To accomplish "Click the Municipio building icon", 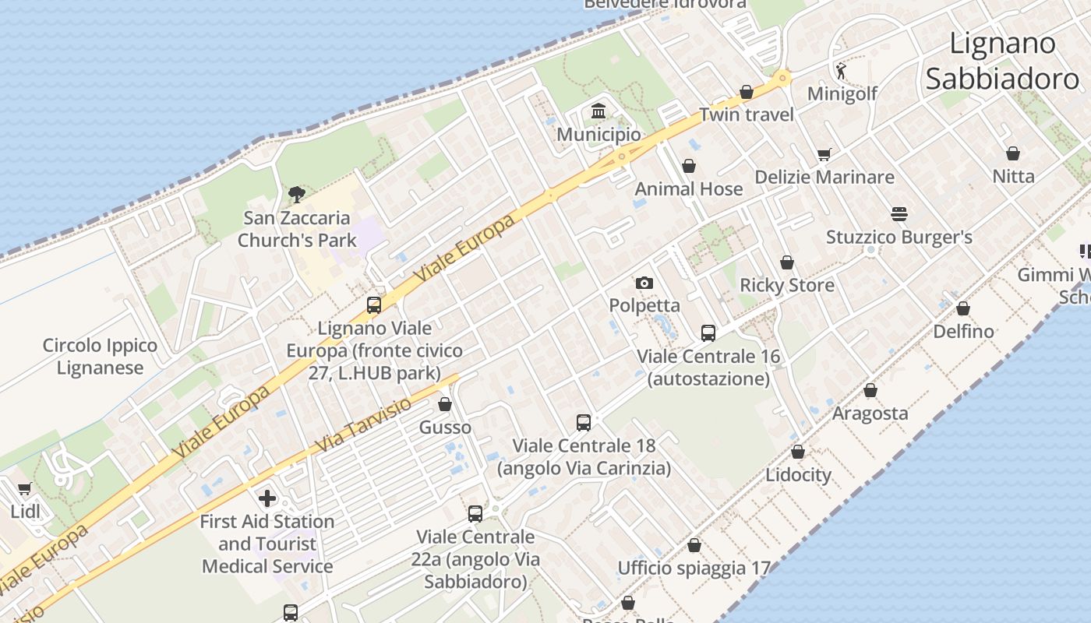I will (598, 111).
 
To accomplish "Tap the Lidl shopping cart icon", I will (24, 489).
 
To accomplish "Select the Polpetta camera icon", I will (644, 283).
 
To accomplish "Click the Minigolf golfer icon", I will (841, 72).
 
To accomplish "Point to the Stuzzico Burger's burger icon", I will (899, 214).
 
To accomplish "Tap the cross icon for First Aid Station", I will (267, 498).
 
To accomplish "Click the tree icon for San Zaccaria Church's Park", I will (296, 195).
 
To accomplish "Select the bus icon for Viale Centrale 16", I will (708, 333).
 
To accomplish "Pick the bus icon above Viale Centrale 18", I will (584, 423).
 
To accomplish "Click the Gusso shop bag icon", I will (445, 404).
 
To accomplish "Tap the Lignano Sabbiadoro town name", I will (1002, 61).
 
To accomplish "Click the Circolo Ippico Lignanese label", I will (100, 357).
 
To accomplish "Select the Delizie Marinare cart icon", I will (824, 154).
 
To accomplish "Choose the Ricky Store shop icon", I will (787, 262).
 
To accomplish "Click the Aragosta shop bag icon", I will (870, 390).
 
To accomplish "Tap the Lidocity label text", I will (798, 474).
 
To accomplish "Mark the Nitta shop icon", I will (1013, 153).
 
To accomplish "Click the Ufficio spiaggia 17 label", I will (694, 568).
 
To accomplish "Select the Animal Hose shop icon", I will (689, 166).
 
